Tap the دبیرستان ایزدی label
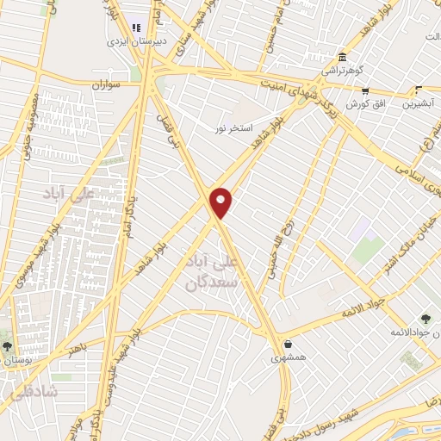pyautogui.click(x=128, y=40)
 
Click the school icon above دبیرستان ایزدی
pyautogui.click(x=137, y=23)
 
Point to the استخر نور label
pyautogui.click(x=233, y=127)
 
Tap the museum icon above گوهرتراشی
pyautogui.click(x=342, y=55)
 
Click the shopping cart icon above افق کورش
pyautogui.click(x=365, y=90)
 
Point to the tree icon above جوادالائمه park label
pyautogui.click(x=426, y=320)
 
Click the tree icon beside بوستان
pyautogui.click(x=7, y=345)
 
